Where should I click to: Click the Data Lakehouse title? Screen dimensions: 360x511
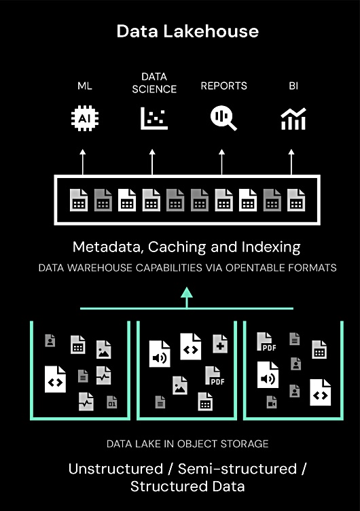(x=187, y=31)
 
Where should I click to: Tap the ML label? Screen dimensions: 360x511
(x=85, y=86)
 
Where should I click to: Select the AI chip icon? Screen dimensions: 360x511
(x=85, y=118)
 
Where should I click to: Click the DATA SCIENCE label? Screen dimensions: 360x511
(x=154, y=83)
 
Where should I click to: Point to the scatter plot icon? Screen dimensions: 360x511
(x=154, y=118)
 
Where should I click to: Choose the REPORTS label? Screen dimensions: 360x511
(x=224, y=86)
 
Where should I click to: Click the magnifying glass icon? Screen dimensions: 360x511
(x=223, y=118)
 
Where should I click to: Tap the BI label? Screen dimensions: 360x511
(x=293, y=86)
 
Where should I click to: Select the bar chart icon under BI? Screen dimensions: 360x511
(x=293, y=119)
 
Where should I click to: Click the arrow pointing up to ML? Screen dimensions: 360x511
(x=83, y=162)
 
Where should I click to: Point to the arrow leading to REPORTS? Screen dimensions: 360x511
(x=222, y=162)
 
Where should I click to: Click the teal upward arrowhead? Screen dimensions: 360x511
(x=187, y=292)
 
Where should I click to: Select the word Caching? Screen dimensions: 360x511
(x=177, y=247)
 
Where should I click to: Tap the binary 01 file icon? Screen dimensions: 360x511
(x=112, y=402)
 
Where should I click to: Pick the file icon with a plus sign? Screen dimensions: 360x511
(x=220, y=344)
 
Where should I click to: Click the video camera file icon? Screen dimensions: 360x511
(x=272, y=402)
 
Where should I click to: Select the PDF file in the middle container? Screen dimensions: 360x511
(x=215, y=376)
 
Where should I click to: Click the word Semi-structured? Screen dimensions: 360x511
(x=238, y=469)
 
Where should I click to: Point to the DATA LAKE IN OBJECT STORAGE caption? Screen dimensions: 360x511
(x=187, y=444)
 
